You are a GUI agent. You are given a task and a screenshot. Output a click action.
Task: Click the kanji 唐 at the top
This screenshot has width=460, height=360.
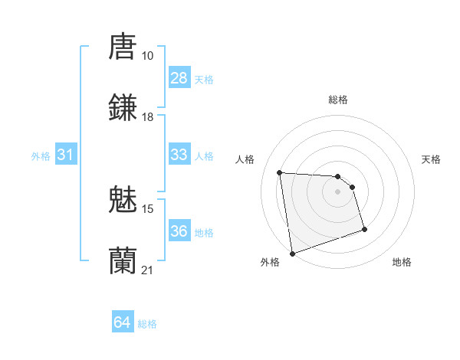123,45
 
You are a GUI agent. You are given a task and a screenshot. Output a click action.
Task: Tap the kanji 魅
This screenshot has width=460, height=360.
123,198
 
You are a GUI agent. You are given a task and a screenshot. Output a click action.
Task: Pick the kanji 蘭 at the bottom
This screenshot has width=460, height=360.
123,260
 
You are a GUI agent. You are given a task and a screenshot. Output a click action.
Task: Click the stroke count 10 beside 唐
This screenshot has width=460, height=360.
147,56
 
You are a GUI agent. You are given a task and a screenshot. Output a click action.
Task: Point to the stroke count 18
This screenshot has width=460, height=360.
147,117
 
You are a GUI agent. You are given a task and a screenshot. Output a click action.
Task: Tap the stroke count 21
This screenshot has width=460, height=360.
148,270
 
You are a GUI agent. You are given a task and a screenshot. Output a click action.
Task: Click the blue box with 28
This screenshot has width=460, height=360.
179,78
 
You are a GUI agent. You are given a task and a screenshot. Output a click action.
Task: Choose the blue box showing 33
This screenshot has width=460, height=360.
179,155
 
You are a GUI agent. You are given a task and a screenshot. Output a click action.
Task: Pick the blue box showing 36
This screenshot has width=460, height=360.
179,231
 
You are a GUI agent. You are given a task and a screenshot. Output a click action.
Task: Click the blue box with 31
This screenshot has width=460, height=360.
65,155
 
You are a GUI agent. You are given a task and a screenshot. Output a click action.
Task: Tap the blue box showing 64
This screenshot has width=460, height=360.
123,322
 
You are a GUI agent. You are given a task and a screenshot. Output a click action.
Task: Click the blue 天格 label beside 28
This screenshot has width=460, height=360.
204,79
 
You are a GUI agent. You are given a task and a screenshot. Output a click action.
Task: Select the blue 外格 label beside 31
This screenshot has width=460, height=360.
41,155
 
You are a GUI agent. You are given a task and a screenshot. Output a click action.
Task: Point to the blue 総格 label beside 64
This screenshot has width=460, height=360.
147,324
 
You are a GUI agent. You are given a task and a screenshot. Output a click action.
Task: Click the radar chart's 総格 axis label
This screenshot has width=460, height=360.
338,100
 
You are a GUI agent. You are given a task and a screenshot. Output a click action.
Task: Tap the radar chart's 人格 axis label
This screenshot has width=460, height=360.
246,159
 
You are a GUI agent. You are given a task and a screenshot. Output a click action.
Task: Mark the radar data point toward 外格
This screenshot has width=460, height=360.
292,252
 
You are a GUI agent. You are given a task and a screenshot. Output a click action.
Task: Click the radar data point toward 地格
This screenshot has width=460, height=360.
364,229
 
